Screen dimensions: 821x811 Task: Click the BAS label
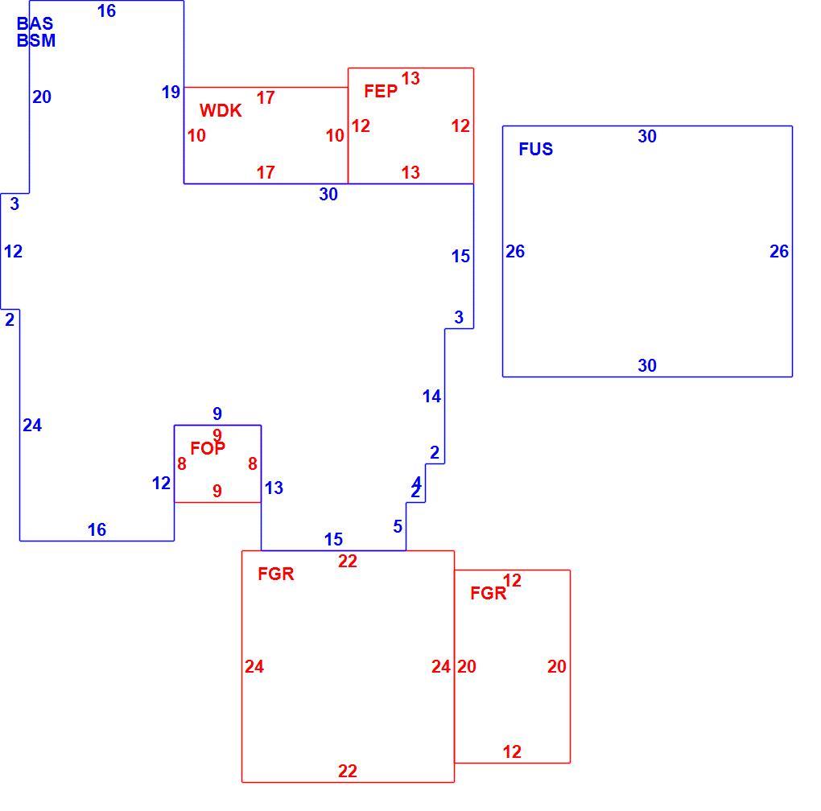click(35, 23)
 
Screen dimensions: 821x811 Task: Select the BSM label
click(36, 40)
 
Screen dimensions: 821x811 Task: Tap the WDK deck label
click(221, 110)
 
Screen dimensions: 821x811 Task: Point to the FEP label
click(381, 91)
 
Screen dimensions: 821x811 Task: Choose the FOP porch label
click(208, 448)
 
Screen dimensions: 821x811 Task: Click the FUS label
click(535, 149)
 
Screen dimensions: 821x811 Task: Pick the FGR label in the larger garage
click(276, 574)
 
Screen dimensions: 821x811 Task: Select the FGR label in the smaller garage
click(489, 593)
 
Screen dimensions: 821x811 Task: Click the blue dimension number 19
click(171, 92)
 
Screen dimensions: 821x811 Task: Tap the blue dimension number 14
click(432, 397)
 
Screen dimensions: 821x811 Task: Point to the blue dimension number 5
click(398, 526)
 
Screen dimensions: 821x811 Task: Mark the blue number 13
click(274, 488)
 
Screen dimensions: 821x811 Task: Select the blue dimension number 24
click(32, 426)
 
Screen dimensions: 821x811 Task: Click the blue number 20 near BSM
click(42, 97)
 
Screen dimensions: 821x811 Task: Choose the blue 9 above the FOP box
click(217, 414)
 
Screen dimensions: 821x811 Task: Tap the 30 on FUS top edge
click(647, 137)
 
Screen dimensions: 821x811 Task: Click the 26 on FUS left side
click(515, 252)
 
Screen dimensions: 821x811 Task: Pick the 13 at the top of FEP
click(410, 79)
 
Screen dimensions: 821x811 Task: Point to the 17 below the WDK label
click(266, 172)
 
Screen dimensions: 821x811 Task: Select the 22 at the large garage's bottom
click(348, 771)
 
